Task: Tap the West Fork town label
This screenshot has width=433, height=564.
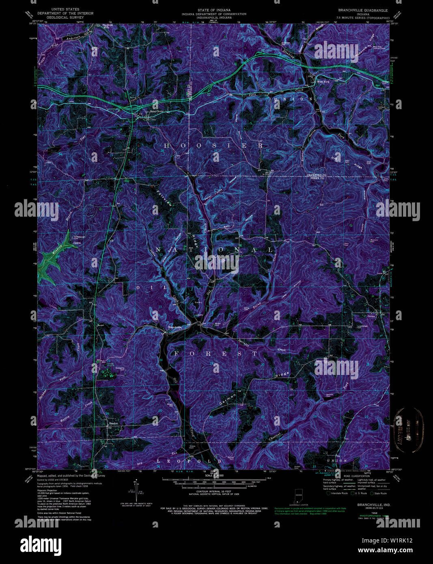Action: click(323, 82)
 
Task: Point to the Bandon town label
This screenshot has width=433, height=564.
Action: click(113, 423)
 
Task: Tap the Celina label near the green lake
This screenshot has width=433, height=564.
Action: click(77, 243)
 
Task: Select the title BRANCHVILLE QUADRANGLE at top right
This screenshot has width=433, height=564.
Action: click(363, 10)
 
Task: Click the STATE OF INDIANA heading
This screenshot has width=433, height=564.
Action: click(214, 10)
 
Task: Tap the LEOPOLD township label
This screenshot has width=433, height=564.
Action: click(190, 461)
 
